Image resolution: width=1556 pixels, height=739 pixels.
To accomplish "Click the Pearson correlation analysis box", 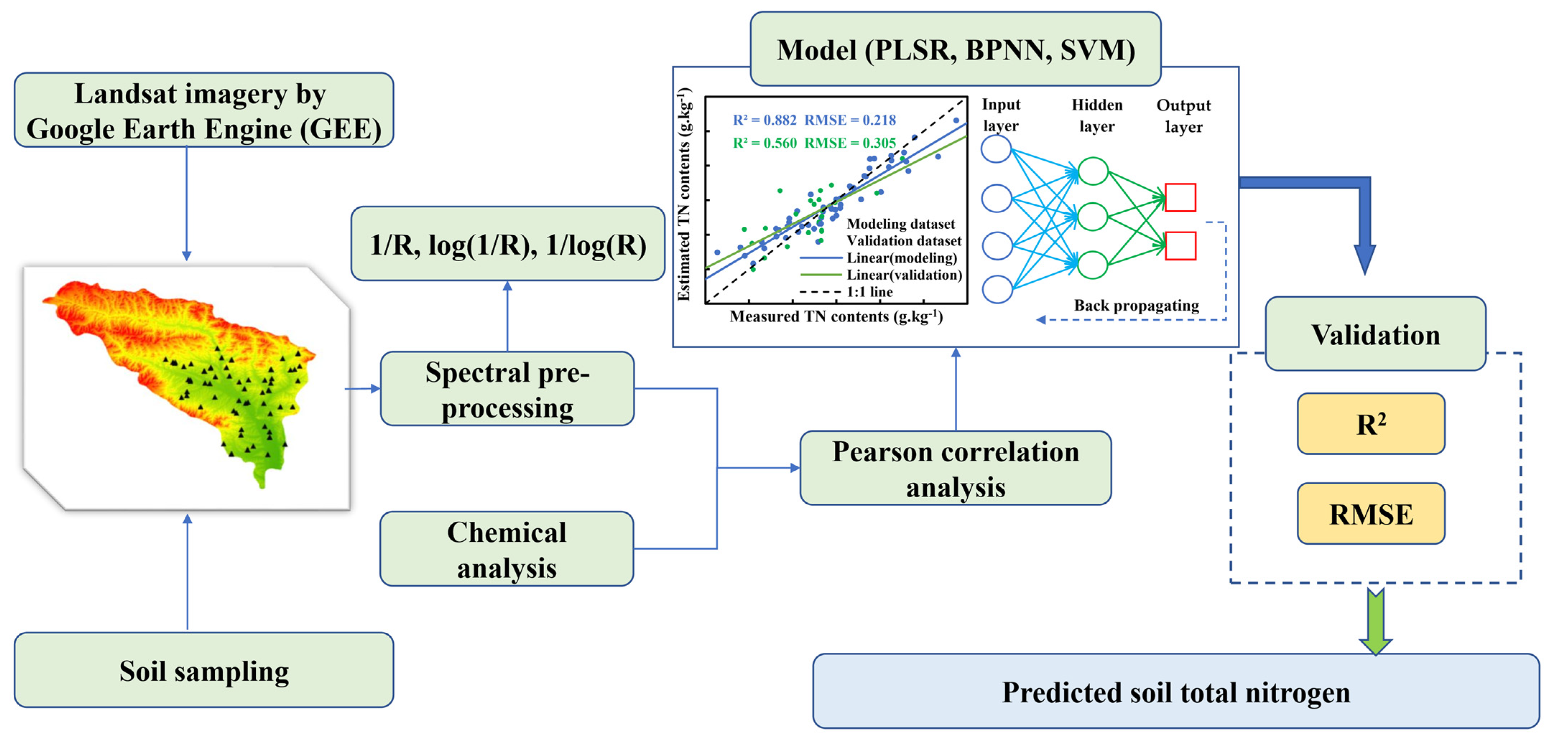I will pos(955,468).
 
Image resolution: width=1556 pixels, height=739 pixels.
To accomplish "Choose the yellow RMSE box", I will pos(1371,514).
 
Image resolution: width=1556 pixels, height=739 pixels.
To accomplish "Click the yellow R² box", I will pos(1371,424).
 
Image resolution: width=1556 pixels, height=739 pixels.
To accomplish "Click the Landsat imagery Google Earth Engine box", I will pos(204,111).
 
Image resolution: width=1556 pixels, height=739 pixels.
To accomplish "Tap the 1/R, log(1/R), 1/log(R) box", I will pos(508,244).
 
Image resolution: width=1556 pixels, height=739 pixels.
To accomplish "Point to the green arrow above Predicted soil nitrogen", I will pos(1375,622).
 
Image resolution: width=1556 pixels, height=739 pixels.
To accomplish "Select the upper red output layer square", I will pos(1180,198).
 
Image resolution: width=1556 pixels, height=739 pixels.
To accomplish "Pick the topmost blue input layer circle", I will pos(996,149).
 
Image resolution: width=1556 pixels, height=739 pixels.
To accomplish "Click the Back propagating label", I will pos(1136,305).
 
